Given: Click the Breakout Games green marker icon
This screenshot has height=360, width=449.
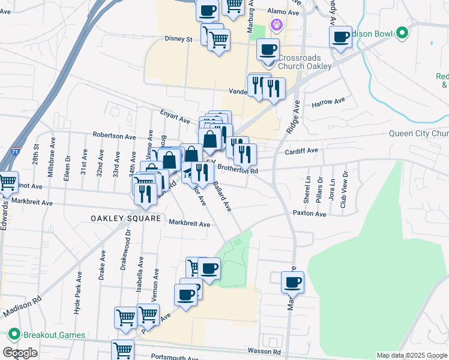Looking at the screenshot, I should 13,334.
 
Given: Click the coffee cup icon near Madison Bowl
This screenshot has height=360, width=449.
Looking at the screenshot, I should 340,37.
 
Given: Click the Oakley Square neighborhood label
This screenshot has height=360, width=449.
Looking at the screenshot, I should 127,219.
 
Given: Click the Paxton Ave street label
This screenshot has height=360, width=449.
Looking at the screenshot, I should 309,214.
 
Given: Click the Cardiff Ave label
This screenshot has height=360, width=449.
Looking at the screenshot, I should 302,151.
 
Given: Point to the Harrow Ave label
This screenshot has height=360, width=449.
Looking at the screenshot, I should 328,103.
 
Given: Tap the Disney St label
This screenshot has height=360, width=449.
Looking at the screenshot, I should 178,40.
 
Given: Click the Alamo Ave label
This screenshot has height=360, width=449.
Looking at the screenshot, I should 283,12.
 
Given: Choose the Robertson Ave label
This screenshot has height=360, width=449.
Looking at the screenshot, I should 114,136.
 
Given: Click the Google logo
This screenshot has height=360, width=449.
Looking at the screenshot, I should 20,353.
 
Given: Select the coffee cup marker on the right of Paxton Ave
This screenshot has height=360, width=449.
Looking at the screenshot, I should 292,281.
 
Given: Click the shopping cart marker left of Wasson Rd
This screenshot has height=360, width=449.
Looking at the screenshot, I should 122,350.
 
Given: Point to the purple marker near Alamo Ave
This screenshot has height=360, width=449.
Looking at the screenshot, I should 276,25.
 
